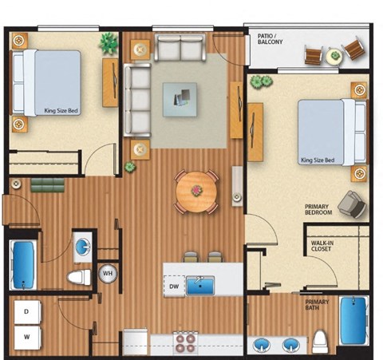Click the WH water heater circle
click(107, 275)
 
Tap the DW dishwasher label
click(174, 286)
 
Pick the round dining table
click(195, 191)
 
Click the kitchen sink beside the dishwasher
click(200, 286)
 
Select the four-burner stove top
click(185, 342)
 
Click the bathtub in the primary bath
click(352, 320)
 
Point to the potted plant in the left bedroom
click(107, 42)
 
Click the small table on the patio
click(334, 53)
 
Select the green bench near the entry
click(46, 186)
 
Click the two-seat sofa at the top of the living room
click(180, 48)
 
